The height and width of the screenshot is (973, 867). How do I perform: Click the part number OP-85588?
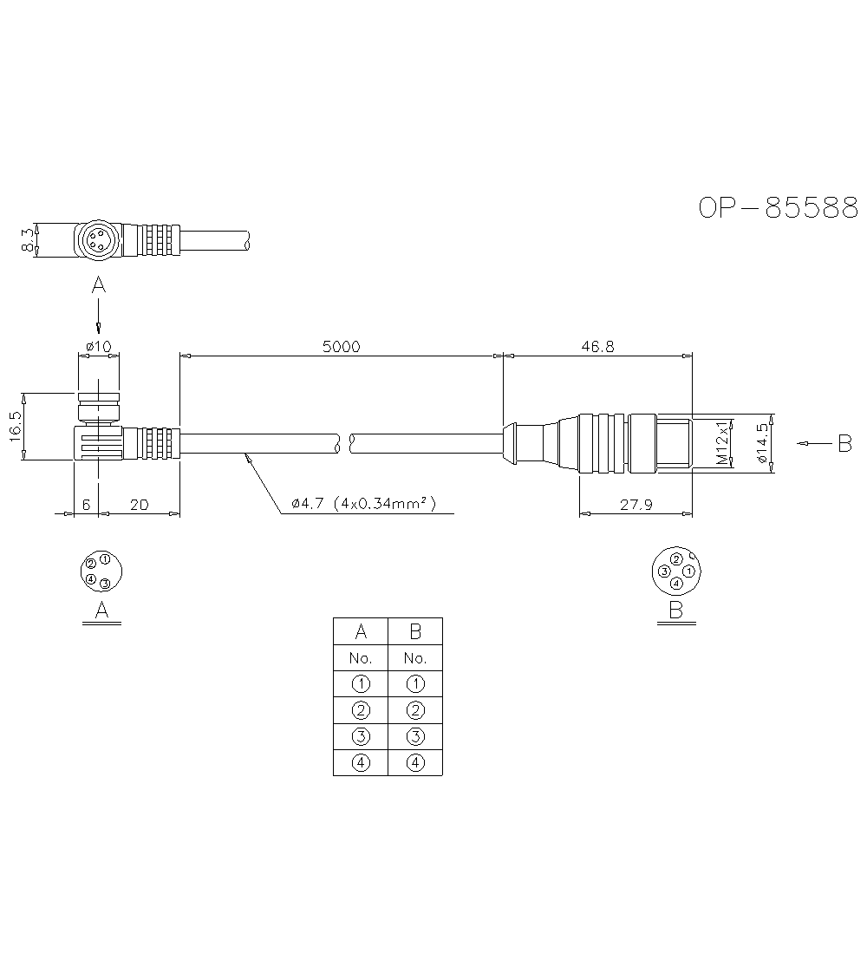tap(779, 208)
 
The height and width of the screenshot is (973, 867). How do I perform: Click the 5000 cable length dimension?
tap(341, 346)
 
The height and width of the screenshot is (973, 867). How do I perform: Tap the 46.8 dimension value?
tap(598, 346)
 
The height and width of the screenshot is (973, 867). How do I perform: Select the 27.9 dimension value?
tap(636, 505)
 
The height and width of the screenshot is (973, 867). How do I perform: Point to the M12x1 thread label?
tap(722, 444)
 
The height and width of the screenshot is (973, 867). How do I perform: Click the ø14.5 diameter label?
tap(763, 443)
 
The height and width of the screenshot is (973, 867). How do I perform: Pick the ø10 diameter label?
tap(99, 346)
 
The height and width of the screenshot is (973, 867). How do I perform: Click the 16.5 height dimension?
tap(16, 427)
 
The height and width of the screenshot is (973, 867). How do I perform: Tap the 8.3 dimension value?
tap(27, 239)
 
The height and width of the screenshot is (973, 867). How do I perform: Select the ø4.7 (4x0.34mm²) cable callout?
tap(363, 503)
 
